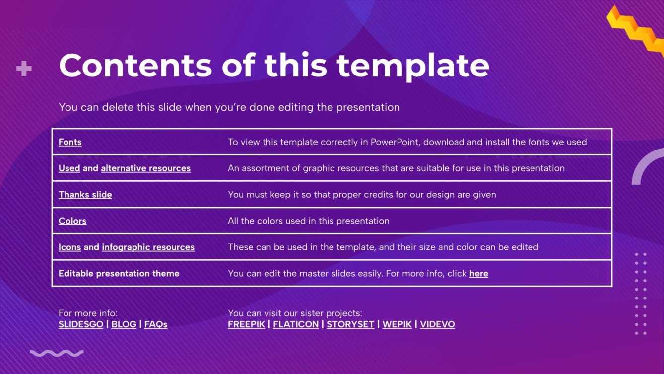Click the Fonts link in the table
[70, 142]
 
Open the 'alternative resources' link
[146, 168]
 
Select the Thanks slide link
[85, 195]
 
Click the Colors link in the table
[72, 221]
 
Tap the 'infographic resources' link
[148, 247]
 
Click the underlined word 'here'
[479, 274]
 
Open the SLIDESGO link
[81, 324]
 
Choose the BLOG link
[124, 324]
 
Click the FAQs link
[156, 324]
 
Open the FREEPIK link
[246, 324]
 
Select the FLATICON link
[296, 324]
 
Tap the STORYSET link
[350, 324]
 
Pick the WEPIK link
[397, 324]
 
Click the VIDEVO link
[438, 324]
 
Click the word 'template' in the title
[413, 67]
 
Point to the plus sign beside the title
[24, 69]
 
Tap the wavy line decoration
[57, 353]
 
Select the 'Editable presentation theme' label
[119, 274]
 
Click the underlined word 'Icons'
[69, 247]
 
